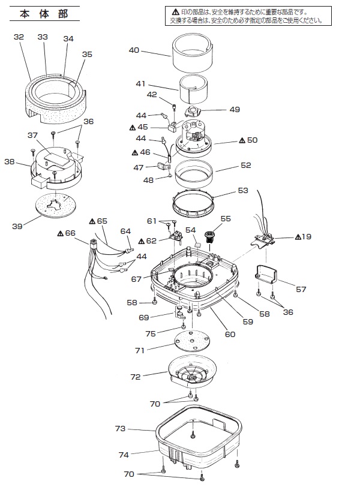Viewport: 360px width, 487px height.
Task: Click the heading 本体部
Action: coord(44,14)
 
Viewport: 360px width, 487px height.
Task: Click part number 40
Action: coord(134,50)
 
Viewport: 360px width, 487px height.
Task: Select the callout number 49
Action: coord(235,109)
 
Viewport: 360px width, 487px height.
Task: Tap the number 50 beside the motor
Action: coord(252,140)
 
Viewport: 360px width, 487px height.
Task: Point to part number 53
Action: coord(243,190)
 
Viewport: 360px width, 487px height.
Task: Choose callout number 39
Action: coord(17,226)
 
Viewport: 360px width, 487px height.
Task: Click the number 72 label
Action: coord(136,377)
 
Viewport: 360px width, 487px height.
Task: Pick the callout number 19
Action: coord(306,237)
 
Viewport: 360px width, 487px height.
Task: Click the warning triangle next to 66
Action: coord(61,233)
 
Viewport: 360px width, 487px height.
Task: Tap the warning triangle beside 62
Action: coord(142,241)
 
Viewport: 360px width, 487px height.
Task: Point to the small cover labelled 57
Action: coord(266,274)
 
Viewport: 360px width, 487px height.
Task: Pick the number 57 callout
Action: coord(301,290)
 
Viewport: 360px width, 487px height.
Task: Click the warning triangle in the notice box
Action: coord(175,13)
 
